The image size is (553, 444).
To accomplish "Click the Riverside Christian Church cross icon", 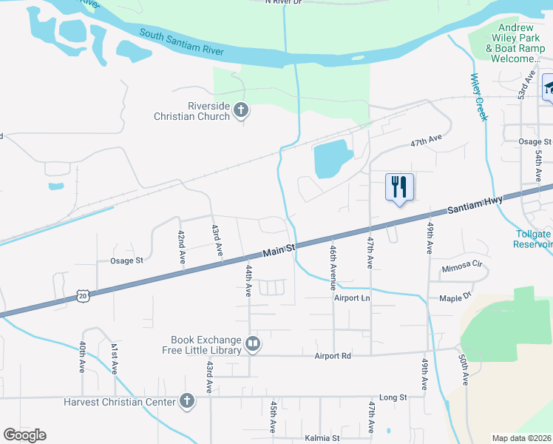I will (240, 111).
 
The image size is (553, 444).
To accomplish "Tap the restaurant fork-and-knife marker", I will (399, 186).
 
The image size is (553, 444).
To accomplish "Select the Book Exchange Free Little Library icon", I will (253, 343).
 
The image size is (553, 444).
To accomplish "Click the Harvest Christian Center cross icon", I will (187, 402).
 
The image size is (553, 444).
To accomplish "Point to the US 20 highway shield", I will (82, 296).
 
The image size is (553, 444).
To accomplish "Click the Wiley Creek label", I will (479, 97).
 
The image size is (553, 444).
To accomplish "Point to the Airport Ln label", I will (351, 298).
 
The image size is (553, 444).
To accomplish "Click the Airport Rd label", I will (331, 356).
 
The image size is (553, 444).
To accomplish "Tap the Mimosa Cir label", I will (461, 269).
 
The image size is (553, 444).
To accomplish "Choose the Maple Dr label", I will (455, 298).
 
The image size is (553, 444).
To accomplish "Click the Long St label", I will (393, 397).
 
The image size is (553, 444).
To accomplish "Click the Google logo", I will (25, 435).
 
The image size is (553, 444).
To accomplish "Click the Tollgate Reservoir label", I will (533, 239).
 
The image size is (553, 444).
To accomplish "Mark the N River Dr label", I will (284, 2).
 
